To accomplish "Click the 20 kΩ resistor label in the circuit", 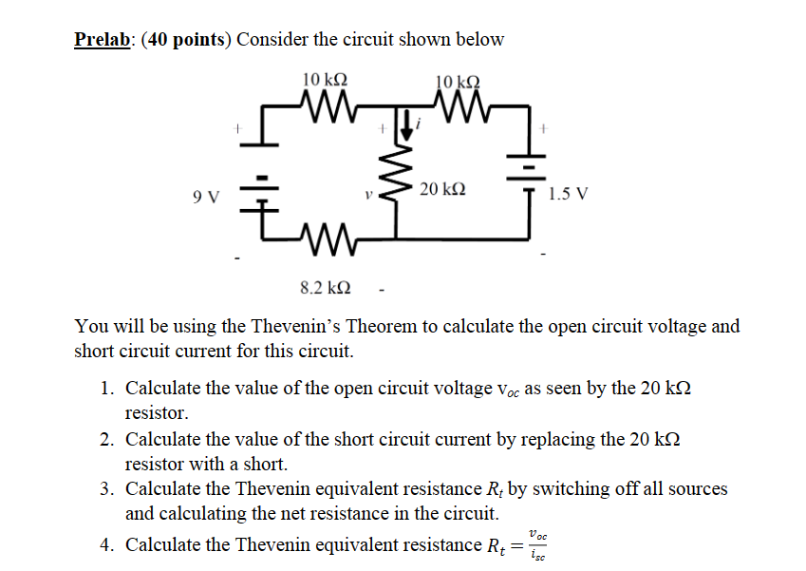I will click(x=441, y=190).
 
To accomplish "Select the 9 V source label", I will click(x=204, y=198).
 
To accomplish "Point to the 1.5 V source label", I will click(x=568, y=195).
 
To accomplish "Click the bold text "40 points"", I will click(x=185, y=40).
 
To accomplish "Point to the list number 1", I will click(x=106, y=389).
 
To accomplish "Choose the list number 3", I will click(x=106, y=489).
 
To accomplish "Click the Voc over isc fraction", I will click(x=537, y=544).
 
